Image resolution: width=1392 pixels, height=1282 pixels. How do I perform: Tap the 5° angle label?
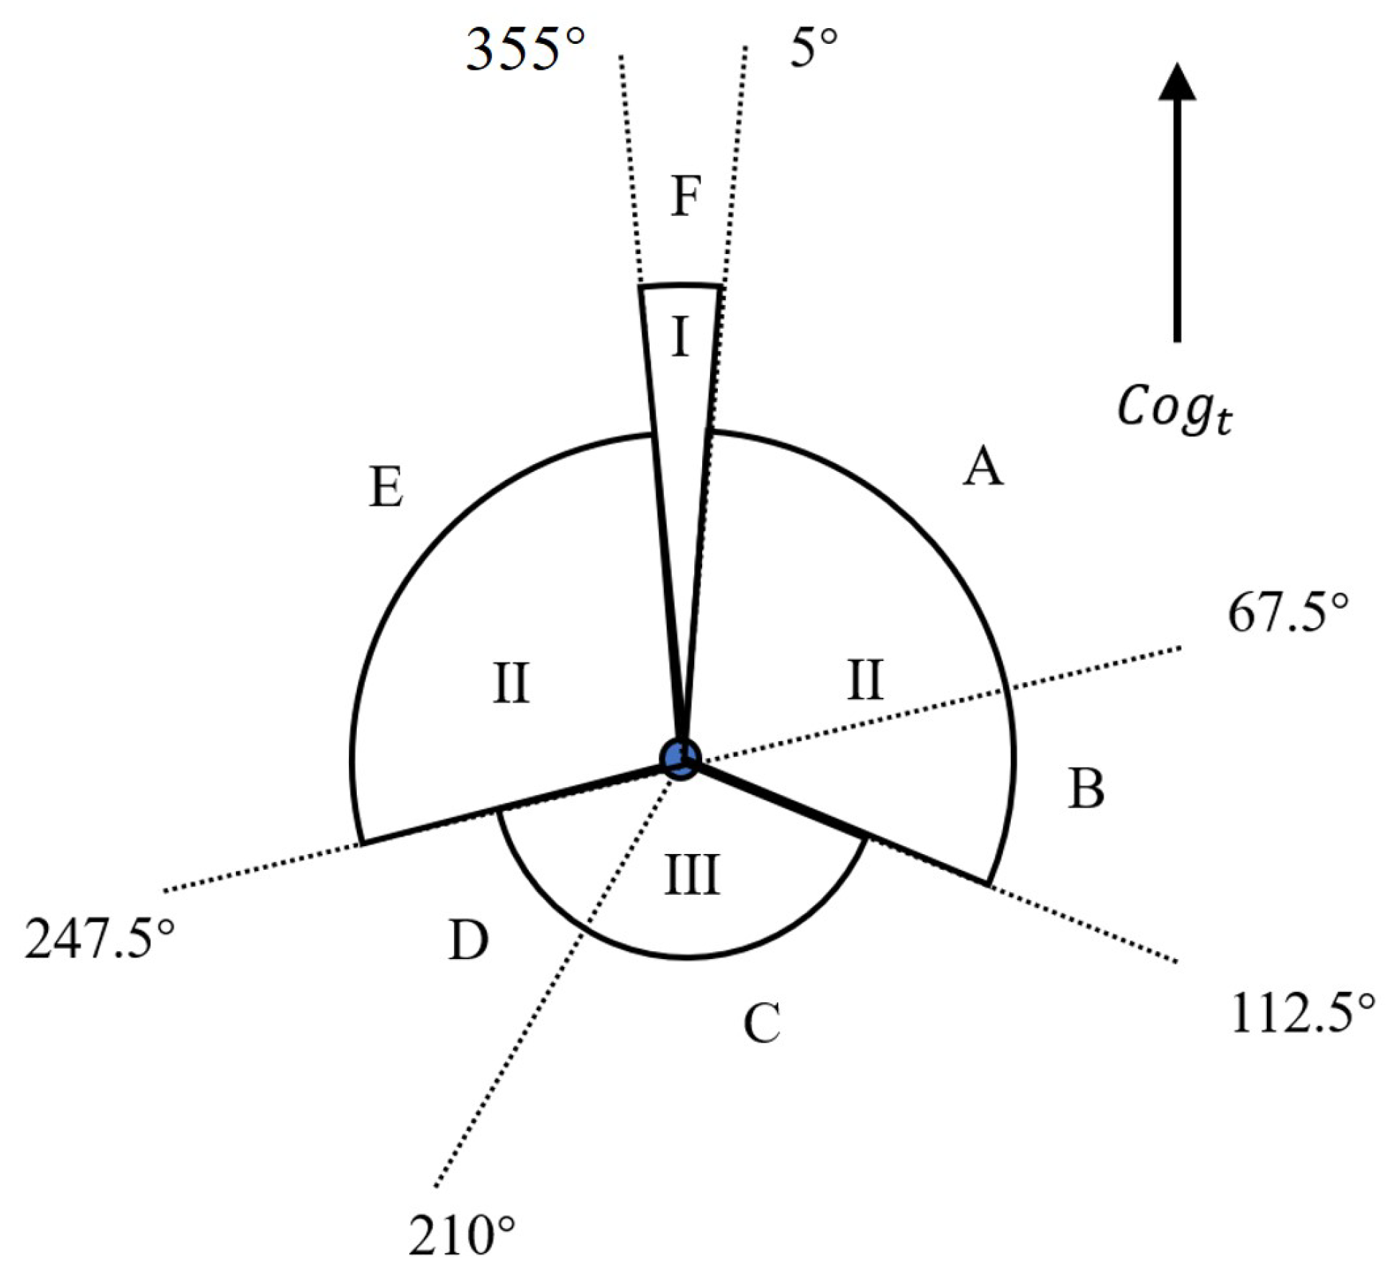[814, 49]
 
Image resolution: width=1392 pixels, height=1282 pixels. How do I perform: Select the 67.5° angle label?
[1287, 613]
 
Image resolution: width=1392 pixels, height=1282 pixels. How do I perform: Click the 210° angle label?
[462, 1235]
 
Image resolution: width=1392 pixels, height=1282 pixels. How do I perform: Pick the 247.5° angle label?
[99, 939]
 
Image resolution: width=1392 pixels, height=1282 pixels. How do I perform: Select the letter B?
[1086, 788]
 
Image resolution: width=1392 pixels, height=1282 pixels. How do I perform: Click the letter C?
[762, 1022]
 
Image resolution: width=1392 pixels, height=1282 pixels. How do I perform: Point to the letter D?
[468, 940]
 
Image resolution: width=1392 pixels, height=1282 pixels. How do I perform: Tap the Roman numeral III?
[691, 875]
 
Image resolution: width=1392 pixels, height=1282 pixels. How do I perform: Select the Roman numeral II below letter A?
[864, 680]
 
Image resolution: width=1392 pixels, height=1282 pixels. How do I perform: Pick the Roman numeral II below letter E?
[511, 683]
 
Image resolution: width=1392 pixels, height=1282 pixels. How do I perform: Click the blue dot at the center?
[679, 758]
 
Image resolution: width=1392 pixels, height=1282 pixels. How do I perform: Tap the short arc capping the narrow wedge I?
[680, 286]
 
